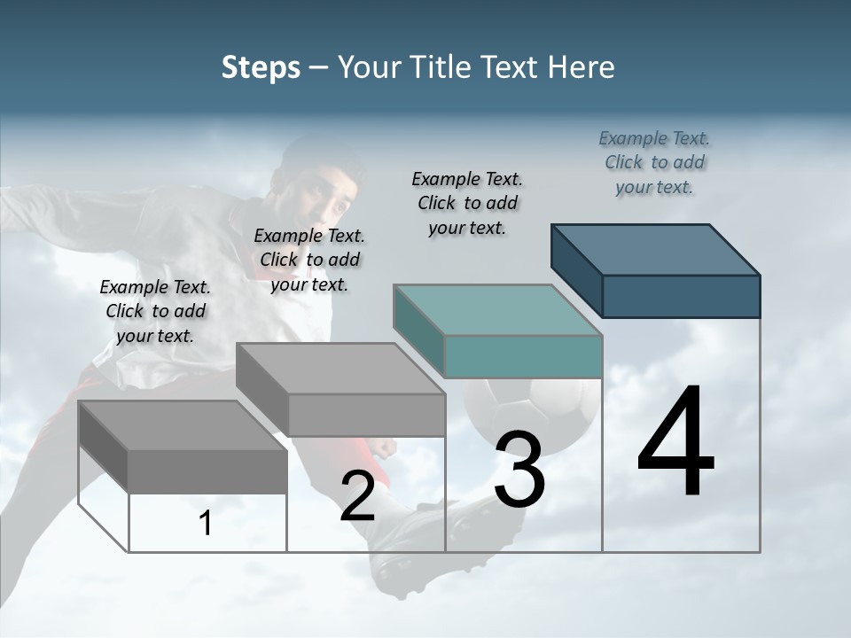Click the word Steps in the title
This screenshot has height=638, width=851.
tap(261, 67)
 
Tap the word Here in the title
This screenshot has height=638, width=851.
tap(581, 67)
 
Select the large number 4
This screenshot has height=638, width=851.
tap(675, 442)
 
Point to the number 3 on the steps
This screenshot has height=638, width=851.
tap(519, 469)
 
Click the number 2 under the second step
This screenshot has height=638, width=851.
tap(357, 496)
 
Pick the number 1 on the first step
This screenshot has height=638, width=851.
tap(206, 524)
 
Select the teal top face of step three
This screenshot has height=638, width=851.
tap(497, 309)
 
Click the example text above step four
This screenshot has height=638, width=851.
tap(654, 163)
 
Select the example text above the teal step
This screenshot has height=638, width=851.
tap(467, 204)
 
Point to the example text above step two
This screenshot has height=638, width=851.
tap(309, 260)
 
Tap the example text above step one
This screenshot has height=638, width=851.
tap(155, 311)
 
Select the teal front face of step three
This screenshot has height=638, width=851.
tap(523, 356)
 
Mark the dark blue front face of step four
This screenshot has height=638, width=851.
tap(681, 296)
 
